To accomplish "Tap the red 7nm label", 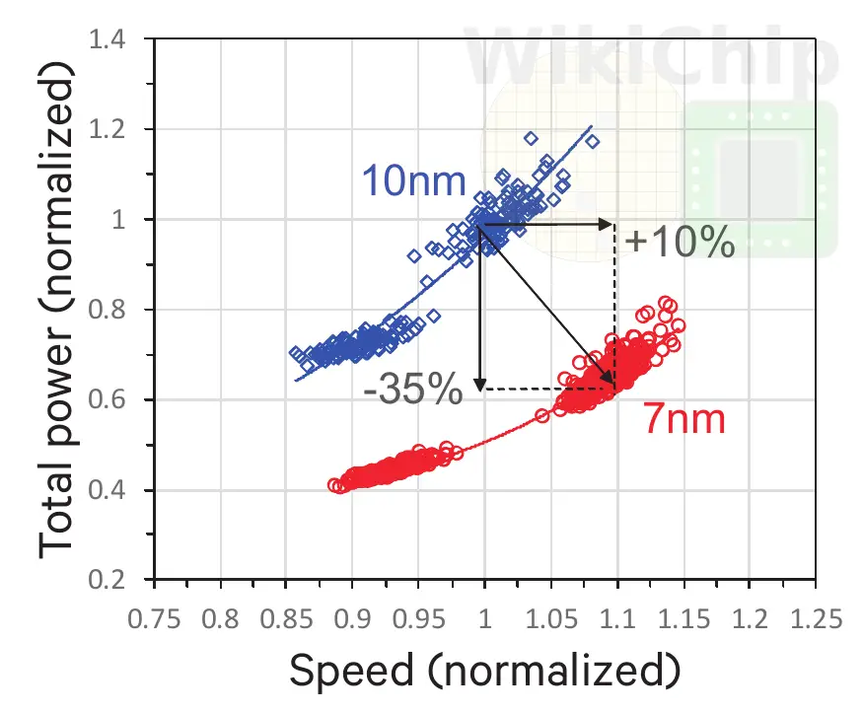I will click(685, 419).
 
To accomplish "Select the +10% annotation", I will click(680, 242).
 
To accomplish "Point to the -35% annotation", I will click(412, 391).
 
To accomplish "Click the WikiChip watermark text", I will click(650, 59).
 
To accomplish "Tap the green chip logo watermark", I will click(759, 178).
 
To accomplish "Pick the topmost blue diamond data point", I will click(531, 138).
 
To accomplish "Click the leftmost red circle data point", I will click(334, 484).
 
